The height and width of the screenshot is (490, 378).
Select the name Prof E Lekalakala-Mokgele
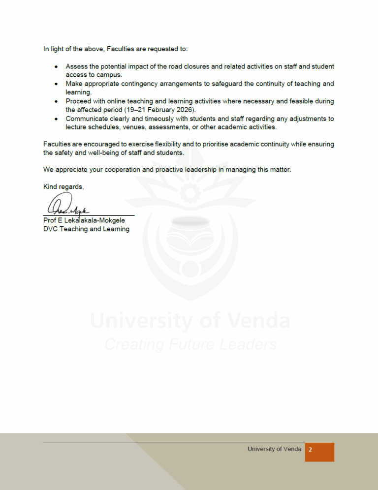click(84, 220)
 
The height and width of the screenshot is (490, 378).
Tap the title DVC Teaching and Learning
click(86, 229)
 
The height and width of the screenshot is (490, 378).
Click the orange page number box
click(319, 452)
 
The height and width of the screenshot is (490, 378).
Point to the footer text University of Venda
click(274, 449)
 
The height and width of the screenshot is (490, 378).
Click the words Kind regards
click(63, 186)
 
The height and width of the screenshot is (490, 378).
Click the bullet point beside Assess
click(57, 66)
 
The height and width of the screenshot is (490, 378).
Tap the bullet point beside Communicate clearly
click(57, 119)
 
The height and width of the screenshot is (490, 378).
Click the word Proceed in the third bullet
click(79, 101)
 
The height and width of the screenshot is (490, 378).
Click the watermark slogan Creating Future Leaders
click(190, 344)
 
